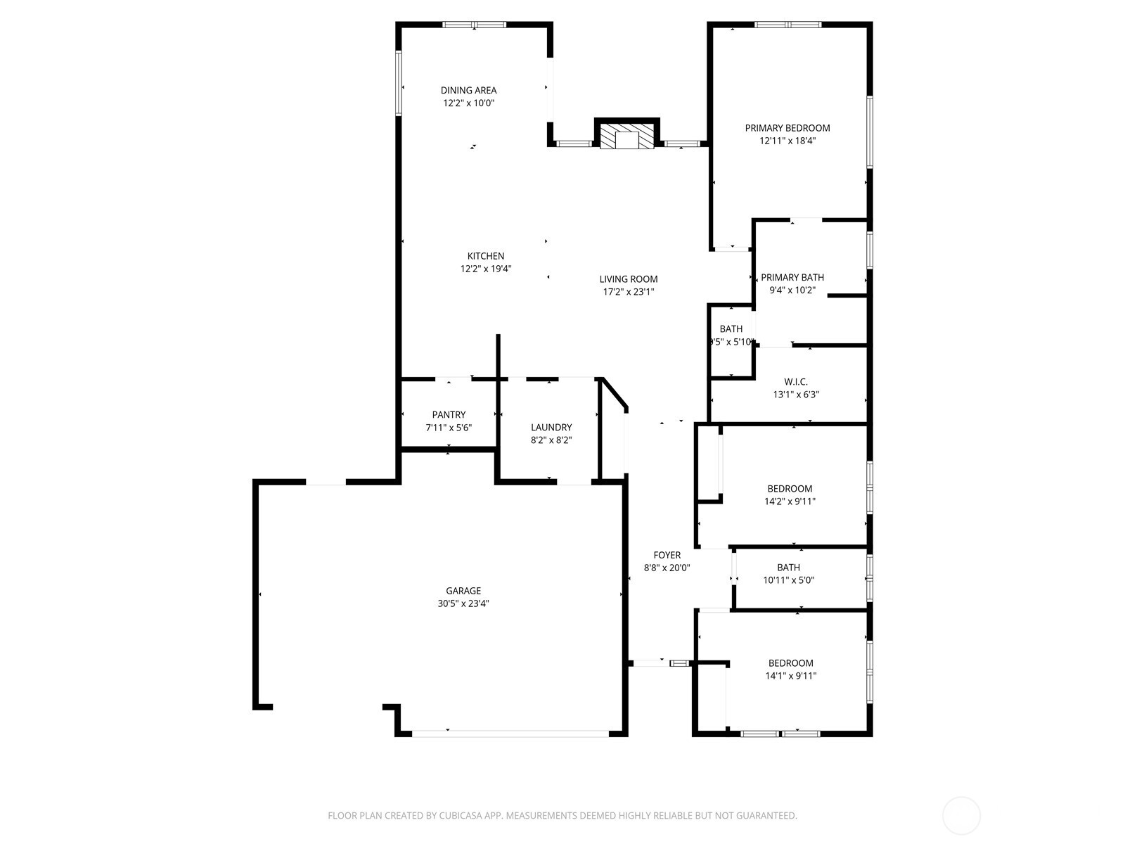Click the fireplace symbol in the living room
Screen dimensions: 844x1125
(627, 139)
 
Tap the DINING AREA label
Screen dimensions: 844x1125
(468, 90)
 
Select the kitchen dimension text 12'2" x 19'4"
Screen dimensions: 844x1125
(485, 269)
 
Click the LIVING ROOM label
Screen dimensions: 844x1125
(629, 279)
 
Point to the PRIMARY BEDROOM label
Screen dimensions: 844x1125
(787, 128)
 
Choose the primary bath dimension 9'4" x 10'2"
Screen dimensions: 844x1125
(792, 290)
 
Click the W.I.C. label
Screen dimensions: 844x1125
(796, 382)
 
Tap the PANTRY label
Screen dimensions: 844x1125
(449, 415)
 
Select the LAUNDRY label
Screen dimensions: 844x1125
(551, 428)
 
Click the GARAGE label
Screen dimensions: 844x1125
(463, 591)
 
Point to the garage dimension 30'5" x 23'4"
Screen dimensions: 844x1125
(463, 603)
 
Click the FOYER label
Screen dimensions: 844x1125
(667, 555)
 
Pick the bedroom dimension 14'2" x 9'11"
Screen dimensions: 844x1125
(790, 501)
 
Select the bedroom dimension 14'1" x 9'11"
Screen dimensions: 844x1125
(790, 676)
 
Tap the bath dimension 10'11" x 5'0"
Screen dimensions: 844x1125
(788, 580)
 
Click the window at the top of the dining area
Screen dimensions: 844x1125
(474, 25)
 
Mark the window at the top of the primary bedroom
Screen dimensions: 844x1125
(787, 25)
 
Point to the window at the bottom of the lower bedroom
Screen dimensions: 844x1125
(780, 734)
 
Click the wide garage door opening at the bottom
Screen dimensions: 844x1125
(510, 734)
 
